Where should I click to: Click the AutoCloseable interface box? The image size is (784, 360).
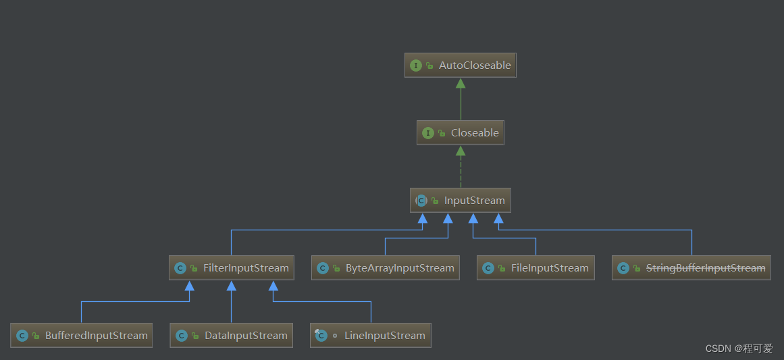pos(461,66)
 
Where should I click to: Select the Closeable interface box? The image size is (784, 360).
pos(461,133)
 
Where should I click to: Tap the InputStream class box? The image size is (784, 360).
pos(461,201)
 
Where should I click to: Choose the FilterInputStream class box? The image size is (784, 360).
pos(232,268)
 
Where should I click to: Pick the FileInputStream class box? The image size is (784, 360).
pos(535,268)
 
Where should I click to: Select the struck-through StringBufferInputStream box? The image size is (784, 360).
pos(691,268)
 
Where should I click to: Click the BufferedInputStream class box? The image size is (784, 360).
pos(81,336)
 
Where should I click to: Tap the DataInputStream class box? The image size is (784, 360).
pos(232,336)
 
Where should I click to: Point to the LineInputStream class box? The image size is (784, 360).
pos(371,336)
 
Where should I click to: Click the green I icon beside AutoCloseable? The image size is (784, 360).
pos(416,66)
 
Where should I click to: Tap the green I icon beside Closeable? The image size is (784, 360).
pos(428,133)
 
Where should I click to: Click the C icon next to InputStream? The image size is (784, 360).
pos(421,201)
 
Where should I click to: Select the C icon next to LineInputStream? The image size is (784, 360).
pos(321,336)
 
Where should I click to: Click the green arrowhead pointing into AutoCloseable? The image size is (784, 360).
pos(461,83)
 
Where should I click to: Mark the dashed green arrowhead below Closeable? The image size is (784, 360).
pos(461,151)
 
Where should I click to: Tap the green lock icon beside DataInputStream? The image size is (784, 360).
pos(195,336)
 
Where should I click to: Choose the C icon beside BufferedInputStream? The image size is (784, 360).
pos(22,336)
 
